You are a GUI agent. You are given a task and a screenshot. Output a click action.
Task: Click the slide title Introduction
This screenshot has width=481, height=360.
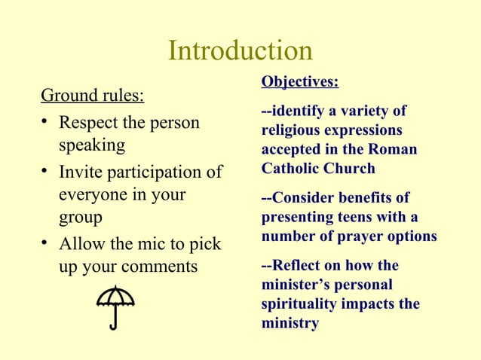[x=240, y=50]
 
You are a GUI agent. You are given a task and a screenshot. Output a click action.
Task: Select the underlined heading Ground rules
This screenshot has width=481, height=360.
[x=93, y=96]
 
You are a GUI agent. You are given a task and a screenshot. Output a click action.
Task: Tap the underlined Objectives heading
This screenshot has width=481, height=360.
[x=299, y=81]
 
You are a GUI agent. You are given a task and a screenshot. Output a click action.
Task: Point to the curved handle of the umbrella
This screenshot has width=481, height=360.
[x=112, y=325]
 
